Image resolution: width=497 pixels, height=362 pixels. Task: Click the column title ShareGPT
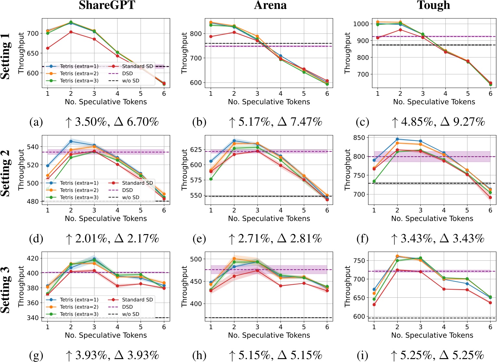[107, 5]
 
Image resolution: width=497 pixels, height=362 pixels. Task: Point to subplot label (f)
[362, 239]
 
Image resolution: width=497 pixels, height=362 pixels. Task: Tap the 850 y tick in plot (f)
[359, 138]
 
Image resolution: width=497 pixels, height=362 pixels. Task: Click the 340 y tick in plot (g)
[32, 318]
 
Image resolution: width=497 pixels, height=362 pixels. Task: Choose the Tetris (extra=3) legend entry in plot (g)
[79, 314]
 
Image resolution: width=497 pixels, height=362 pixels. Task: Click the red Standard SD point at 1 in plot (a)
[48, 48]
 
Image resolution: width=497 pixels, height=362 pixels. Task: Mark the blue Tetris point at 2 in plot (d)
[71, 141]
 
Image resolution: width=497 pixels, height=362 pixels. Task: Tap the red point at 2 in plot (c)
[400, 30]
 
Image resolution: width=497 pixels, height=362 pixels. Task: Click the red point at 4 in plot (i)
[444, 289]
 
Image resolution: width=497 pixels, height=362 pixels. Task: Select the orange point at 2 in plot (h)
[234, 259]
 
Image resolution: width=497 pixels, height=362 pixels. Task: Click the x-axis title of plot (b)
[269, 102]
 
